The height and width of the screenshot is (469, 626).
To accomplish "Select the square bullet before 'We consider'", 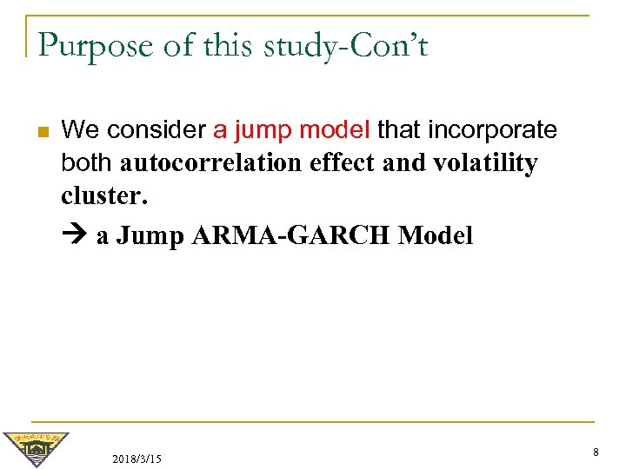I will pos(40,132).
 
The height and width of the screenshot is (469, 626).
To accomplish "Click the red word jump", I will pos(259,131).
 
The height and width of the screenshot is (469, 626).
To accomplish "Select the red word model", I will pos(334,130).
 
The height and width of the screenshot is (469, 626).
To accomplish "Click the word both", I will pos(88,163).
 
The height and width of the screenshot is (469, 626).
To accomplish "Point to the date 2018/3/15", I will pos(137,458).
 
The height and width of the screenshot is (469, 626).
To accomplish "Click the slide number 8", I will pos(596,452).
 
